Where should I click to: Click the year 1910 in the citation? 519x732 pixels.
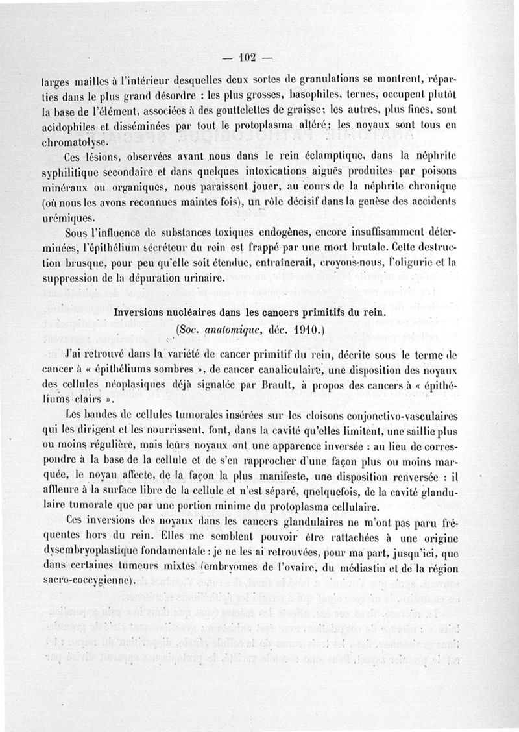click(300, 330)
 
